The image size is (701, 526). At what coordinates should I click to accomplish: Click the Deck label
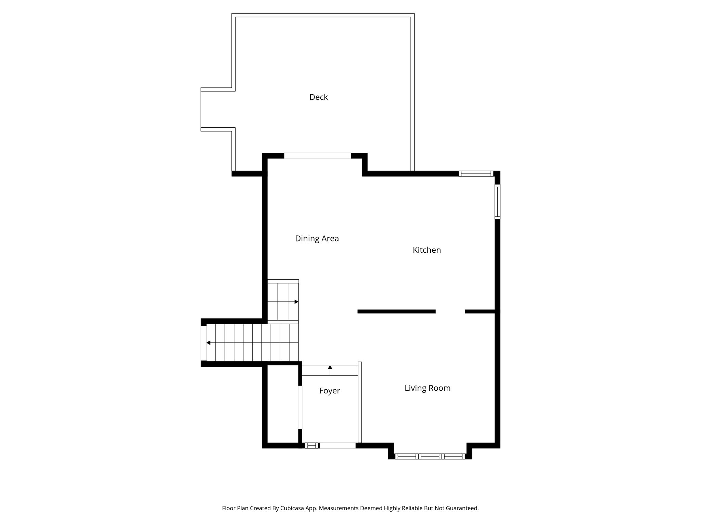click(318, 97)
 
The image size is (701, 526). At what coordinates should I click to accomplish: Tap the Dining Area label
click(317, 238)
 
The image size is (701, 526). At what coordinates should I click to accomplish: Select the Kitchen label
click(426, 250)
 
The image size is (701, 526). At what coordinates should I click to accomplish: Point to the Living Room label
click(427, 388)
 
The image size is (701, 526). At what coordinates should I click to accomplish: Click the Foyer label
click(329, 391)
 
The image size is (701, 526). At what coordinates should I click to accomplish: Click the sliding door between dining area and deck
click(317, 156)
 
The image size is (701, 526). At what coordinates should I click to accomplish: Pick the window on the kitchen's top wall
click(476, 174)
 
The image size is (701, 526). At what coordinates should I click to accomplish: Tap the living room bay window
click(430, 456)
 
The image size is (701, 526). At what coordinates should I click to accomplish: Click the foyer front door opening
click(337, 446)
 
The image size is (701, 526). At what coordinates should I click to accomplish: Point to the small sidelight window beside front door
click(311, 446)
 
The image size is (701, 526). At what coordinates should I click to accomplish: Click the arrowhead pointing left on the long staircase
click(208, 343)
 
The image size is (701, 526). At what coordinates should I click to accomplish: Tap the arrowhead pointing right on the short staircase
click(296, 302)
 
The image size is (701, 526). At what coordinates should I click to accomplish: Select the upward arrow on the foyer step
click(330, 367)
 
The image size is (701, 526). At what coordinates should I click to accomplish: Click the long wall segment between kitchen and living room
click(396, 311)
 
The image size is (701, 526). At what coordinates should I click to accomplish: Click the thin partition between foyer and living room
click(360, 402)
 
